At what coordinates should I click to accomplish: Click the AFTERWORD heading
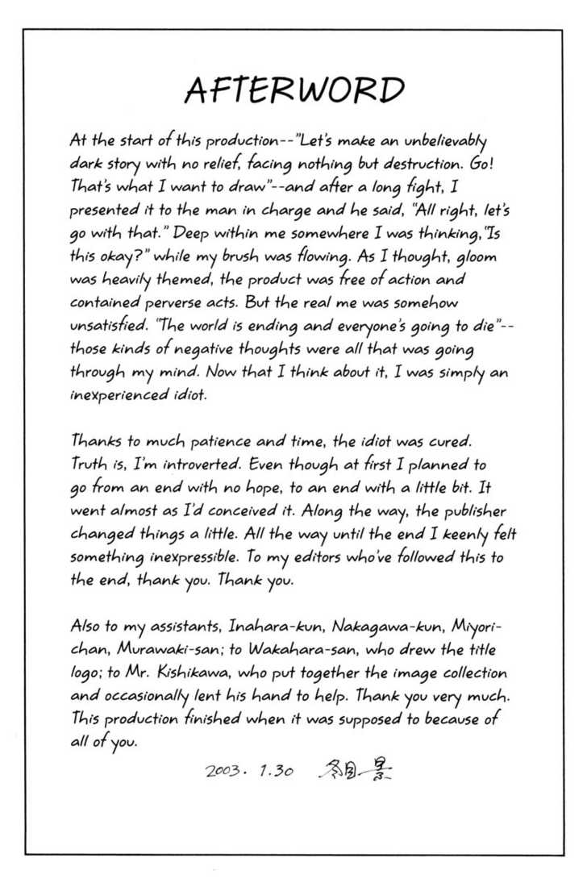(x=293, y=90)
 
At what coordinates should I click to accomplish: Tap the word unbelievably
(x=443, y=142)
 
